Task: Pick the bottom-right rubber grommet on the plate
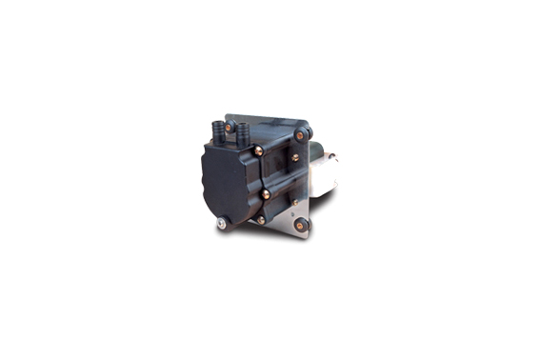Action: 303,225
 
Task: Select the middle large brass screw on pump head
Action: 265,193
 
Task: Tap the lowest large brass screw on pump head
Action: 261,219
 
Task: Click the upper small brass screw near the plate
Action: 294,157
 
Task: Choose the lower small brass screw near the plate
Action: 295,200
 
